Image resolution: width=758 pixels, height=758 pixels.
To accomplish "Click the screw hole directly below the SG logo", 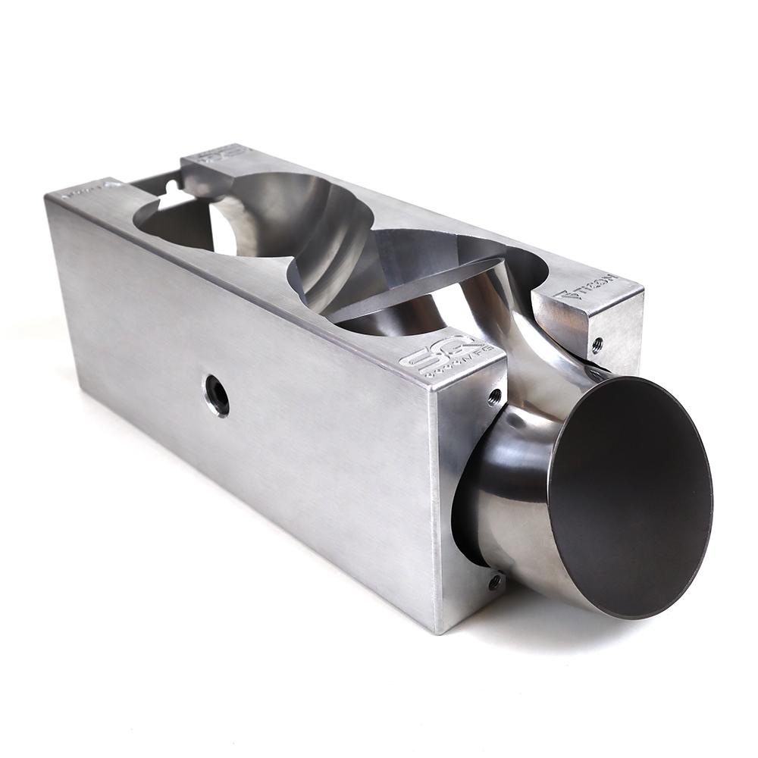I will [494, 394].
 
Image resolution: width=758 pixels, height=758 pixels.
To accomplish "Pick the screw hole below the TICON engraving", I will [597, 344].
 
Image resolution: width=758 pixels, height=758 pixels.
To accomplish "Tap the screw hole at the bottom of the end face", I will [494, 582].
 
